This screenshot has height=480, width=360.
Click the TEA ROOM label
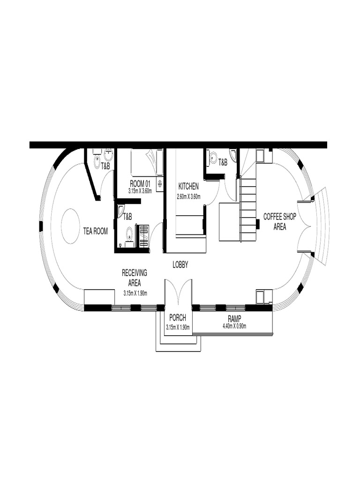[x=96, y=231]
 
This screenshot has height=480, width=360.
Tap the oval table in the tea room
[x=70, y=226]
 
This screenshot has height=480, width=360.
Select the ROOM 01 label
[x=140, y=184]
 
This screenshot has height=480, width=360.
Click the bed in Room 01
[x=146, y=162]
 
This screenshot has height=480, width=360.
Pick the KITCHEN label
[x=188, y=186]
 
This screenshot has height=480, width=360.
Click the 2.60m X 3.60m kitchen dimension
[x=188, y=196]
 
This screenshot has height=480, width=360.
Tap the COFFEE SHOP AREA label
[x=279, y=221]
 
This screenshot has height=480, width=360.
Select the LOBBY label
[x=180, y=265]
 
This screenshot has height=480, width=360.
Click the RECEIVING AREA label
[x=135, y=277]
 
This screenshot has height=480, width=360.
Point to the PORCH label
[x=178, y=319]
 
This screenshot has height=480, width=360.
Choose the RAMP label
[x=234, y=319]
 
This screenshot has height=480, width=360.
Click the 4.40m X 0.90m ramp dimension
[x=234, y=326]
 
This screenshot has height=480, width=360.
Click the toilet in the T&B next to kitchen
[x=213, y=159]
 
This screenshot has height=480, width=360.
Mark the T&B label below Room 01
[x=127, y=217]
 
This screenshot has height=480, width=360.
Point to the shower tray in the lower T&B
[x=143, y=234]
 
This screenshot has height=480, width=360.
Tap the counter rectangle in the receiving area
[x=99, y=297]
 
